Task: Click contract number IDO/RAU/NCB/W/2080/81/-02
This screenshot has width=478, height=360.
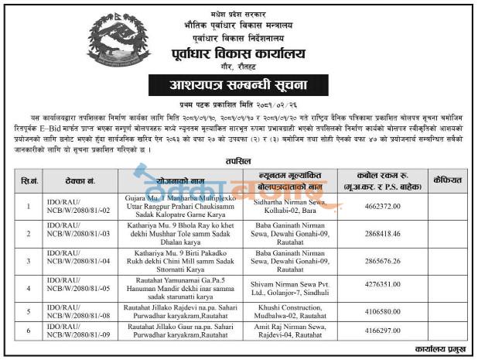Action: pos(73,207)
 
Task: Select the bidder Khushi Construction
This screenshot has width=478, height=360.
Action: pos(285,307)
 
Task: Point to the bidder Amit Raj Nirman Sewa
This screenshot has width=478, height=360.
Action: pos(285,328)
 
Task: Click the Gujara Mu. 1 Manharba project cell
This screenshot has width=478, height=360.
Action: pos(179,207)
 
